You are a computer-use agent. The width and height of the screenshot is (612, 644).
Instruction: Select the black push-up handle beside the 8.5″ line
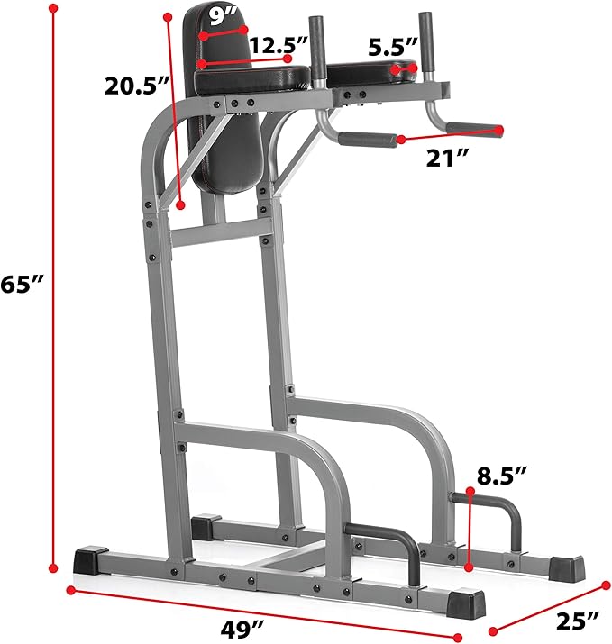tap(487, 518)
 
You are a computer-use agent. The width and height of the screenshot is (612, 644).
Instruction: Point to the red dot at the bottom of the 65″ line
tap(53, 567)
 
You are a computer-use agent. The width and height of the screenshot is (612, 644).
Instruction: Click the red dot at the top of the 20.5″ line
tap(169, 15)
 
